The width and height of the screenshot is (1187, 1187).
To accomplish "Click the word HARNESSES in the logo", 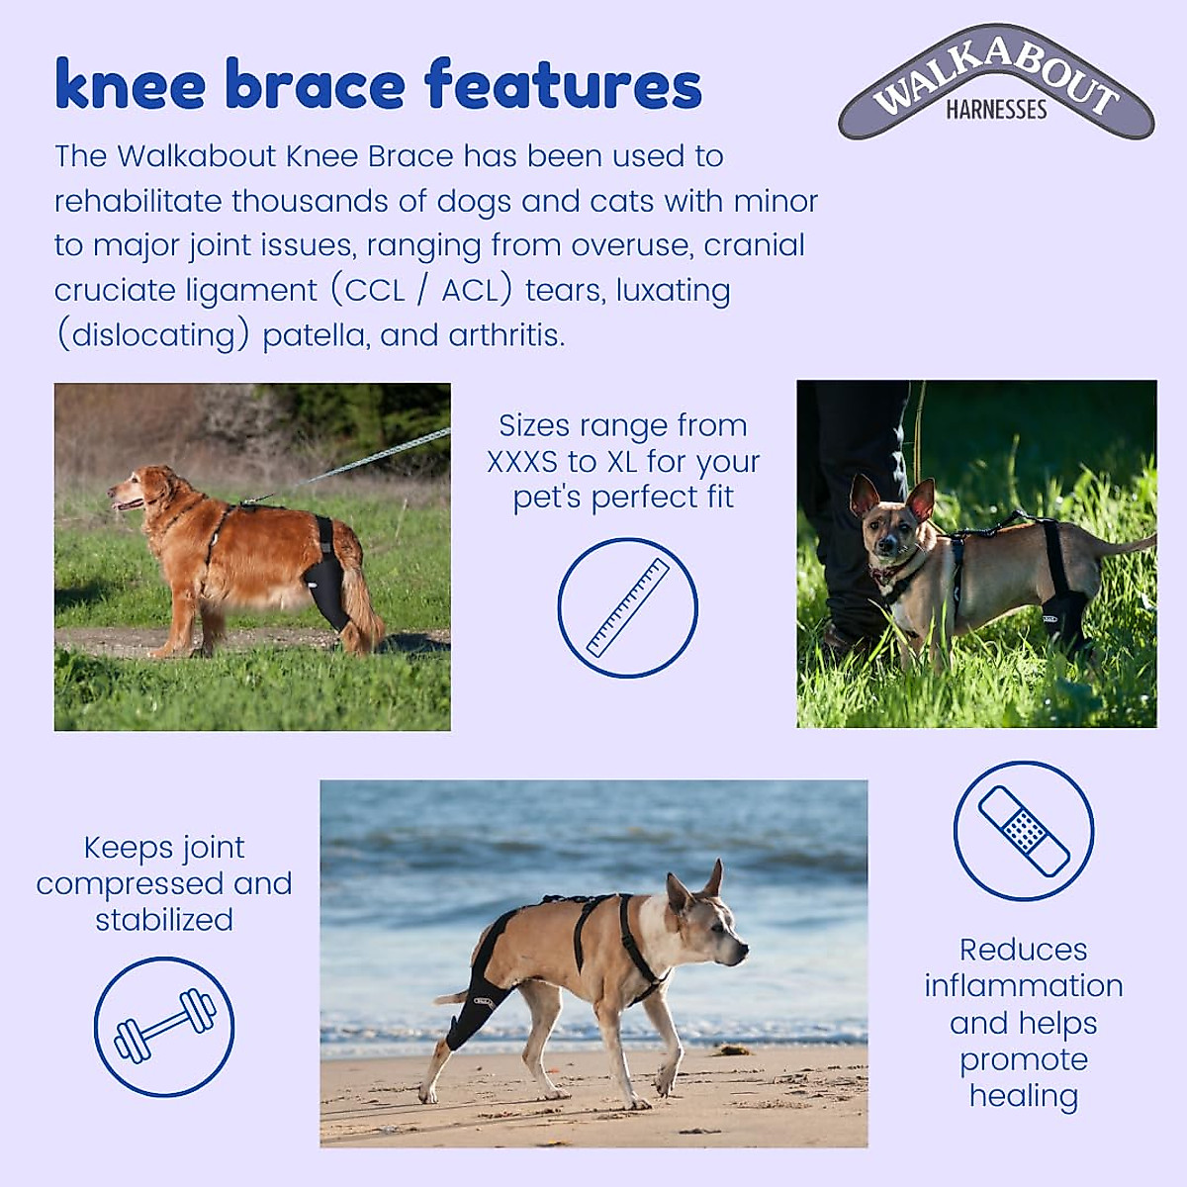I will coord(996,110).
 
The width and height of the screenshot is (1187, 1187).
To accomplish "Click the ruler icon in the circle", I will coord(627,607).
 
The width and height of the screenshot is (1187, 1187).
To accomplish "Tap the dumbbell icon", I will coord(164,1026).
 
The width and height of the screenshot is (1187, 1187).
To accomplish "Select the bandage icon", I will coord(1024,831).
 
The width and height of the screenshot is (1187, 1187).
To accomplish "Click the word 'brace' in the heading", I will coord(316,85).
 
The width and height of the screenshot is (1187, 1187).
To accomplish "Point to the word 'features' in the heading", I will coord(563,85).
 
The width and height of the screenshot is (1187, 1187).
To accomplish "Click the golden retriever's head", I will coord(134,490).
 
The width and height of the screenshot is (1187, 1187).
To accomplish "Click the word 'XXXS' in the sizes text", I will coord(521,462).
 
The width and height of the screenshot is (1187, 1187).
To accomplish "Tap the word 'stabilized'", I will coord(164,920).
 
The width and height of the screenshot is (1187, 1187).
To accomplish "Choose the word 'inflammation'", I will coord(1024,986).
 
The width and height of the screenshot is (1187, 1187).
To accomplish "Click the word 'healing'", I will coord(1024,1096).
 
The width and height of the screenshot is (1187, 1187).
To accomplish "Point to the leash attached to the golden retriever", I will coord(366,459).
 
